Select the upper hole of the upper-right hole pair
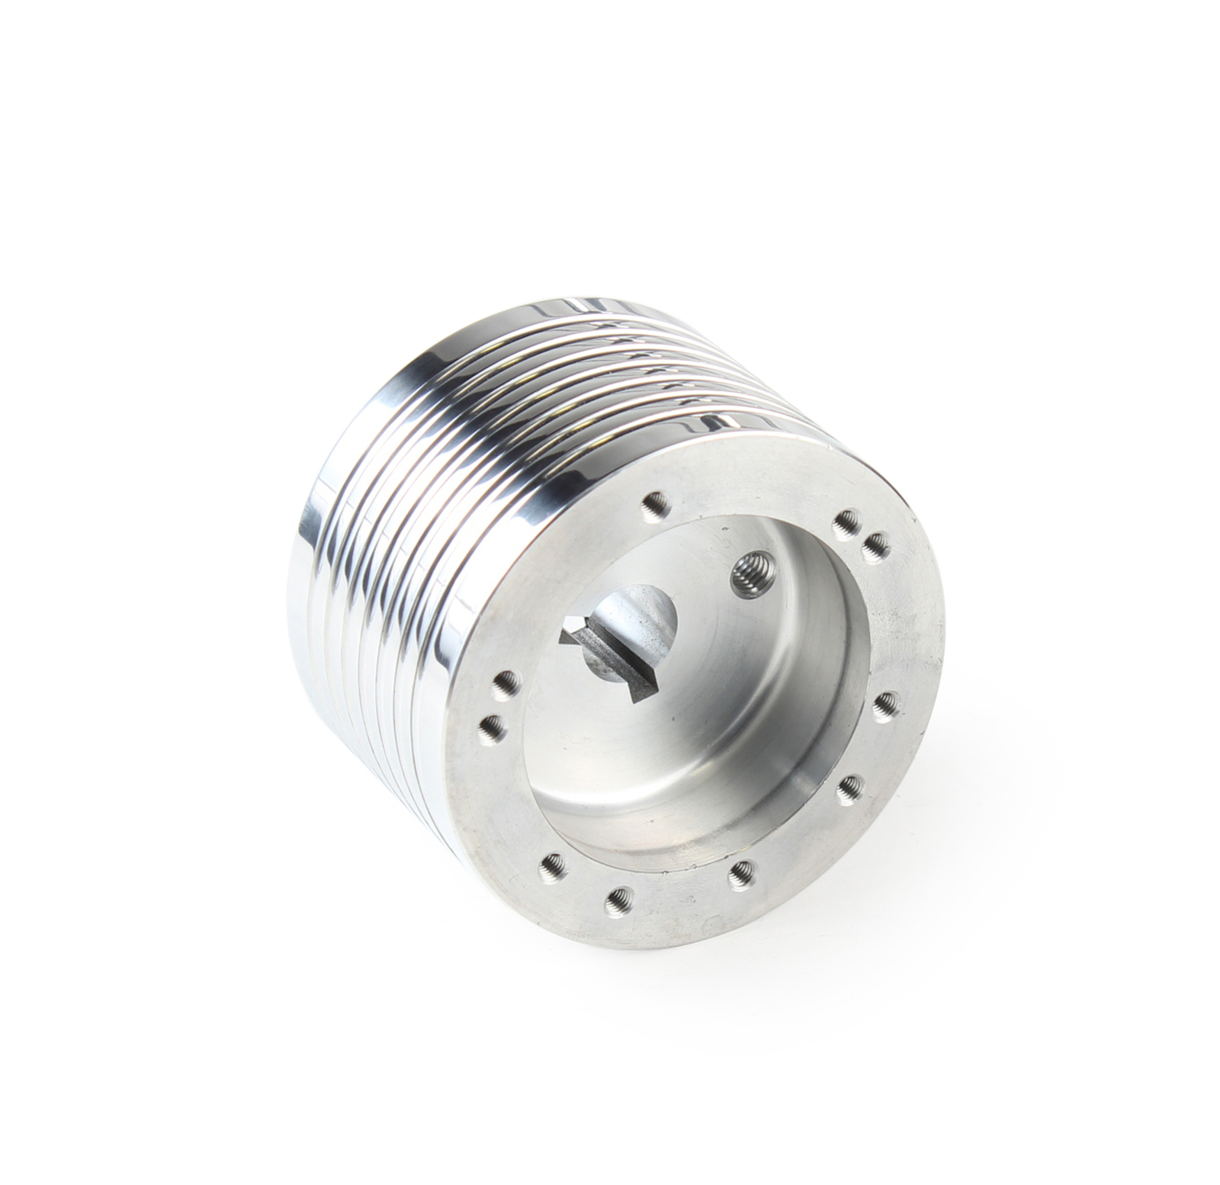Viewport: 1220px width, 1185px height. coord(844,523)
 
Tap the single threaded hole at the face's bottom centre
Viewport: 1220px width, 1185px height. coord(740,872)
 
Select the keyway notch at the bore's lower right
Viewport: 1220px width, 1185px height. coord(640,686)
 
